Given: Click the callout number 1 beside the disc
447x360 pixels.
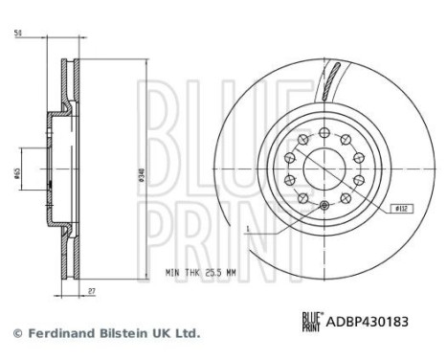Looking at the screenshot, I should pyautogui.click(x=246, y=229).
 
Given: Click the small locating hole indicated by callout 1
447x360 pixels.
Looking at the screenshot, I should pyautogui.click(x=324, y=207).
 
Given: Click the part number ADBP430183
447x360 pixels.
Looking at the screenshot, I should pyautogui.click(x=369, y=323).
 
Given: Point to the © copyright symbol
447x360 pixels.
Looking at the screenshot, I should pyautogui.click(x=15, y=333).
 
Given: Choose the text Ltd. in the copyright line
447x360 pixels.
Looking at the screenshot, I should pyautogui.click(x=187, y=333).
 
